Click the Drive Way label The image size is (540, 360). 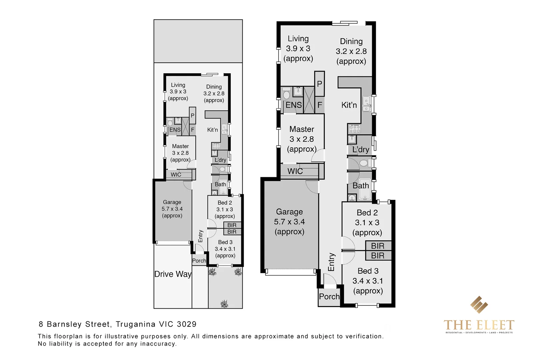tap(173, 274)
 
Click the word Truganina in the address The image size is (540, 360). tap(135, 324)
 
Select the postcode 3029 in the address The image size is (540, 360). tap(187, 324)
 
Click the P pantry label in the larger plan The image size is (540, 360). tap(319, 84)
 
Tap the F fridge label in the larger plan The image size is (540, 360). tap(319, 105)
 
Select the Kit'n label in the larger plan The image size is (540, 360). tap(349, 105)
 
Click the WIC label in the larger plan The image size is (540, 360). tap(295, 171)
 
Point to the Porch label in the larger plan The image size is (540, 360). tap(329, 296)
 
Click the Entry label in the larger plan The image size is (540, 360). tap(331, 262)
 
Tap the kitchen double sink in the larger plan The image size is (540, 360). tap(366, 104)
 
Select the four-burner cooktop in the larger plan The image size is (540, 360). tap(354, 129)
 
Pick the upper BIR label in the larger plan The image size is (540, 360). tap(377, 246)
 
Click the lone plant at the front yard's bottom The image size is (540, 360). tap(224, 304)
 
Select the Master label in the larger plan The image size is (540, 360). tap(302, 129)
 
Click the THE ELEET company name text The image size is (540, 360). tap(479, 325)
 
